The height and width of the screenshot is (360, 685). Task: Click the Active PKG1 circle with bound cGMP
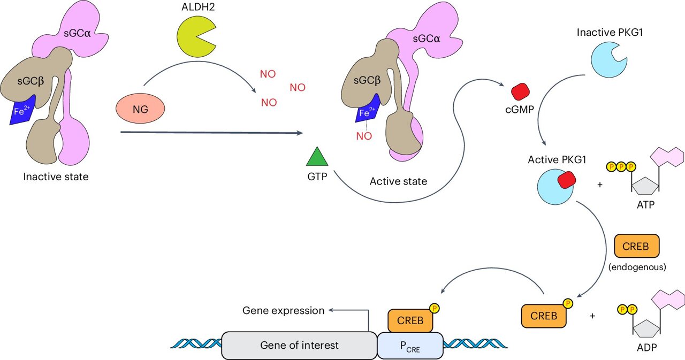tap(554, 185)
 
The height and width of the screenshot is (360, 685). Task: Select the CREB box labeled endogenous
tap(636, 246)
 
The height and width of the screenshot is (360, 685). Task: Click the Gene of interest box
tap(299, 345)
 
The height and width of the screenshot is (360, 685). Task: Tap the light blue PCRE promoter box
tap(410, 346)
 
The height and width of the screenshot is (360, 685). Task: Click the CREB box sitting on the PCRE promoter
tap(410, 320)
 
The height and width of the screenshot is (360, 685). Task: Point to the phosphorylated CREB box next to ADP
tap(544, 316)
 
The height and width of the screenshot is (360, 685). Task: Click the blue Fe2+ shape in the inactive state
tap(22, 110)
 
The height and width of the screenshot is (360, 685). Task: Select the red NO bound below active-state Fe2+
tap(363, 136)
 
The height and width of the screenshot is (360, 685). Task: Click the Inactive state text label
tap(56, 177)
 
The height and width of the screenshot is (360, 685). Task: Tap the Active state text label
tap(398, 181)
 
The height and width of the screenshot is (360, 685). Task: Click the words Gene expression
tap(283, 310)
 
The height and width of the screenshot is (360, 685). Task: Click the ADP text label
tap(647, 347)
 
